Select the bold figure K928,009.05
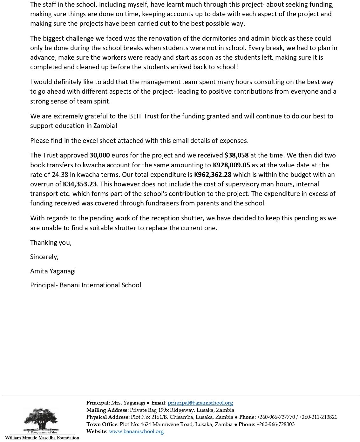pyautogui.click(x=231, y=165)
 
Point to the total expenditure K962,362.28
pyautogui.click(x=213, y=175)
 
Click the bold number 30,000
pyautogui.click(x=100, y=155)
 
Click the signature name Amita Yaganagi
pyautogui.click(x=53, y=271)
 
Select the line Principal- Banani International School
pyautogui.click(x=86, y=285)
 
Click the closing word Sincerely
pyautogui.click(x=44, y=257)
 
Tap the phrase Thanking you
pyautogui.click(x=51, y=243)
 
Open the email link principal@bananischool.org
pyautogui.click(x=200, y=403)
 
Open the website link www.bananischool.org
pyautogui.click(x=136, y=432)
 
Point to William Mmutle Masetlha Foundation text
pyautogui.click(x=42, y=438)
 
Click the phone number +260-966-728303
pyautogui.click(x=275, y=425)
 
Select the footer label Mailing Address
pyautogui.click(x=108, y=410)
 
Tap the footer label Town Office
pyautogui.click(x=102, y=425)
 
